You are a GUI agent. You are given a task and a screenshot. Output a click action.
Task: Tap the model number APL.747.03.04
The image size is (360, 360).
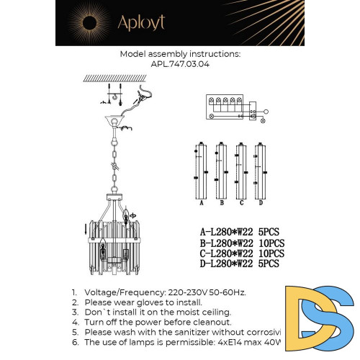click(180, 63)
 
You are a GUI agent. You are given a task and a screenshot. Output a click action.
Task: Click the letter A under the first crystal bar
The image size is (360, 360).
click(202, 203)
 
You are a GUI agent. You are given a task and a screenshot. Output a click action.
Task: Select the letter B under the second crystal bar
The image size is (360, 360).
click(222, 203)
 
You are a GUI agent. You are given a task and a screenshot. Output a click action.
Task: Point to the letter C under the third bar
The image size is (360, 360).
click(242, 203)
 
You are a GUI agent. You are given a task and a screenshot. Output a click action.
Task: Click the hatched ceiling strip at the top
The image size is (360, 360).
click(108, 77)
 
